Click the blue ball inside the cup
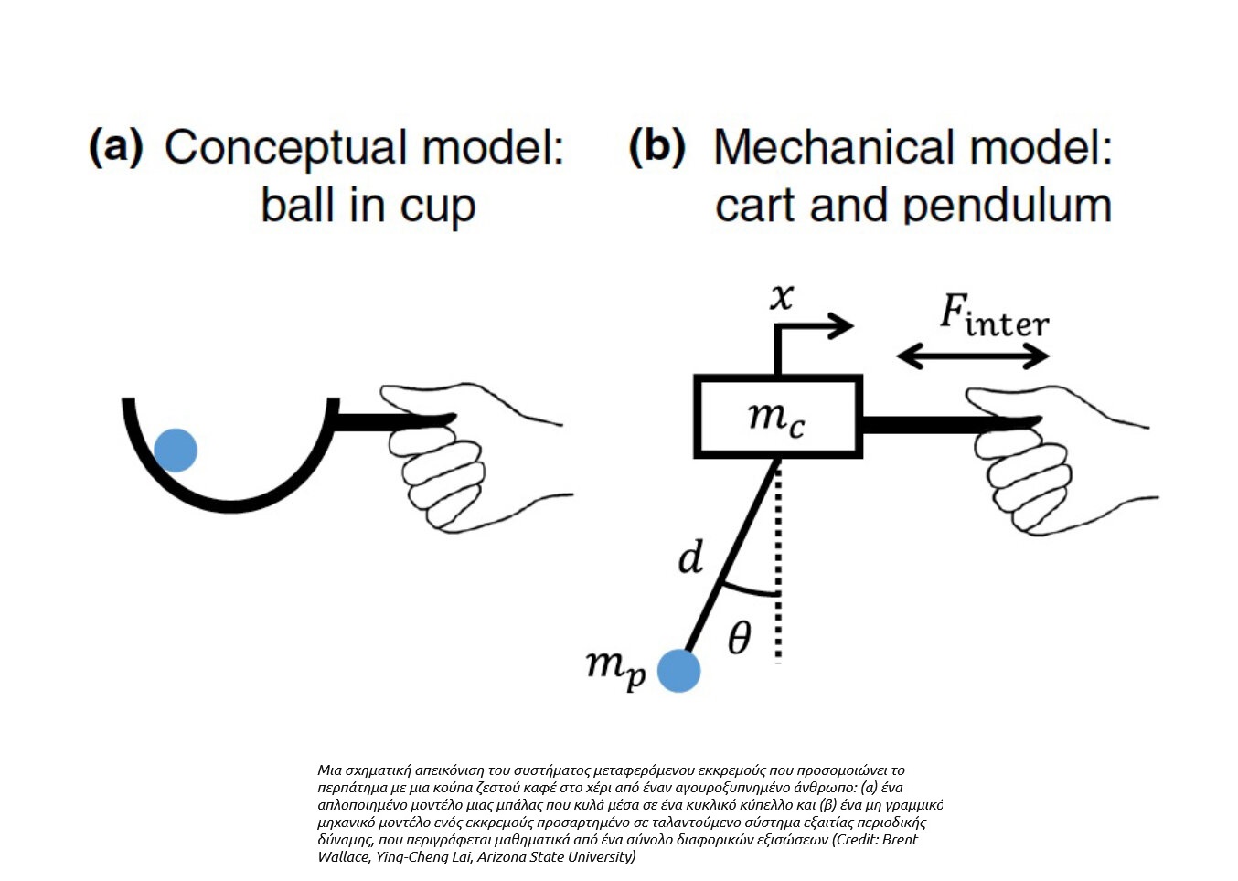point(176,450)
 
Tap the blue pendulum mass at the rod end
point(679,671)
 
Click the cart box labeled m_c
point(778,417)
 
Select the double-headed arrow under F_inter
point(973,356)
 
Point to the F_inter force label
point(994,316)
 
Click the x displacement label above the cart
point(782,296)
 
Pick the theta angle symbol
point(739,637)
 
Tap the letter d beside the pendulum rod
point(691,557)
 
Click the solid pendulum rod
point(731,557)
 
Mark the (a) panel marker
point(116,146)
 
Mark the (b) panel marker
point(656,146)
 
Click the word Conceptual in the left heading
point(285,148)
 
